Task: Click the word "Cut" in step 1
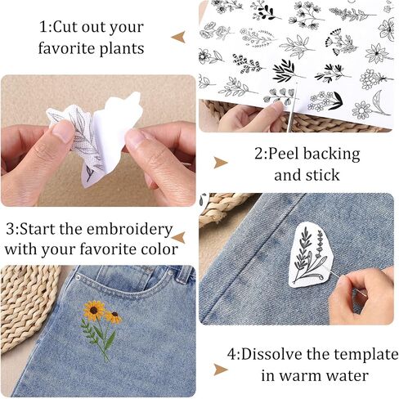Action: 65,27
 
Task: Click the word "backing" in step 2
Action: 332,155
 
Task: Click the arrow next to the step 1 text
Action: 178,37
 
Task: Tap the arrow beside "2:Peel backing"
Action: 221,163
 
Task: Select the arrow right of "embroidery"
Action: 179,238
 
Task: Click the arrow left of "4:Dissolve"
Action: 221,370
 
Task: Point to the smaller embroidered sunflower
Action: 114,316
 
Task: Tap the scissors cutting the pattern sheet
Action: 292,108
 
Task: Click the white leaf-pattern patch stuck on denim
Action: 311,256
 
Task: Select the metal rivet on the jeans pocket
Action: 78,277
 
